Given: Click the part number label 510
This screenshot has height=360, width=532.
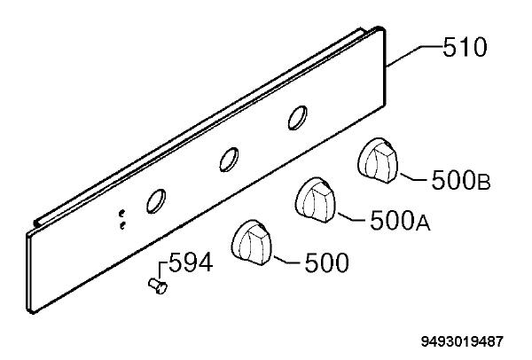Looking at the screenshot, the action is pos(465,47).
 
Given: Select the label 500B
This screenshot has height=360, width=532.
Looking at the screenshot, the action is pos(461,180).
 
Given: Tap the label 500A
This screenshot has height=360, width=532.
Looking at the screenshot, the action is pos(400,220).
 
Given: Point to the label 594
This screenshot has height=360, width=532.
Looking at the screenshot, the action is pos(191,262).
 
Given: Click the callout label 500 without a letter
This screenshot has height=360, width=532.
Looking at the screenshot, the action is pos(326,262).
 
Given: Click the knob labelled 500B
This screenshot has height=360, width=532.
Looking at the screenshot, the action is pos(378,160).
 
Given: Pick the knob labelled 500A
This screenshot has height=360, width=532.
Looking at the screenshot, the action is pos(315,200).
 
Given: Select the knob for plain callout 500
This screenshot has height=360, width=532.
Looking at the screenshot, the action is pos(252,242).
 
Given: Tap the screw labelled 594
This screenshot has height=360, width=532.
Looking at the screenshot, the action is pos(158,286).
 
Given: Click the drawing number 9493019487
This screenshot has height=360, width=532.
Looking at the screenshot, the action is pos(462,341).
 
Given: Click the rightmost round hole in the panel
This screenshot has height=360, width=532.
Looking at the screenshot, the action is pos(298,118).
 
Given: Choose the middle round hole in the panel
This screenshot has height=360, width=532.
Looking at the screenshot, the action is pos(229,160).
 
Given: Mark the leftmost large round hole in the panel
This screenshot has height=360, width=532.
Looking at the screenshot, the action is pos(156,201).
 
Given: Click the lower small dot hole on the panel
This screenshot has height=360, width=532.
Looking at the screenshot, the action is pos(122,225).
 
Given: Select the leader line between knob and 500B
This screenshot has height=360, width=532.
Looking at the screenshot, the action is pos(415,178).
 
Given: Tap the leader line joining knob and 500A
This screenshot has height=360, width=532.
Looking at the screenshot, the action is pos(352,217).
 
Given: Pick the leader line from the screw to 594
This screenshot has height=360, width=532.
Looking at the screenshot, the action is pos(160,270).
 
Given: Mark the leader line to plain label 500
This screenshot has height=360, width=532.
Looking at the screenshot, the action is pos(287,260).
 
